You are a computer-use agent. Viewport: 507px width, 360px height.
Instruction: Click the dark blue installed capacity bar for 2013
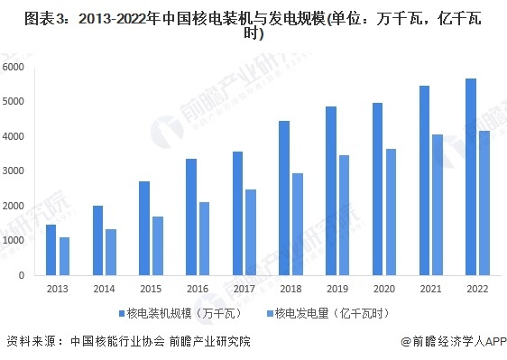pyautogui.click(x=51, y=250)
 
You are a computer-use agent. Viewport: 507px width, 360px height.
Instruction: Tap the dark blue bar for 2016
pyautogui.click(x=191, y=217)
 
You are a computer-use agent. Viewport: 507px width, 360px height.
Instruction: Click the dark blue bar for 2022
pyautogui.click(x=471, y=177)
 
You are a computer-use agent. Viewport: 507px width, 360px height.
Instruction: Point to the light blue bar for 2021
pyautogui.click(x=437, y=205)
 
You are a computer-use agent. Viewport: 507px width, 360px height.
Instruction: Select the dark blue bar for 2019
pyautogui.click(x=331, y=190)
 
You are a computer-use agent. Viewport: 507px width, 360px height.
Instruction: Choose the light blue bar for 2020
pyautogui.click(x=390, y=212)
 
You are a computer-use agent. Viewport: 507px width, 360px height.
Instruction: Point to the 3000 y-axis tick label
pyautogui.click(x=14, y=171)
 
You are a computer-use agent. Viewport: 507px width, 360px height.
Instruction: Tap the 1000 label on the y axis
pyautogui.click(x=14, y=241)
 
